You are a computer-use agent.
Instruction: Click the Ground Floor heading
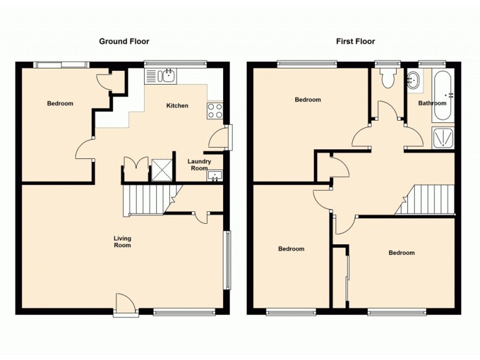point(124,41)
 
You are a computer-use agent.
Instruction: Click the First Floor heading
point(355,41)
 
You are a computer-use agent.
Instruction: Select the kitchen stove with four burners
point(215,110)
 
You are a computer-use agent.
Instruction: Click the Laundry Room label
point(199,164)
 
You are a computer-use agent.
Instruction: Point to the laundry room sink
point(215,175)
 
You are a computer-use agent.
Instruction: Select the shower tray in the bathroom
point(443,138)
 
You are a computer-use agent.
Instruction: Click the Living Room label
point(122,241)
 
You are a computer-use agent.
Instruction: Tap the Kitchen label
point(177,106)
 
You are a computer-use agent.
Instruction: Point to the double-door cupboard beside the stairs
point(134,169)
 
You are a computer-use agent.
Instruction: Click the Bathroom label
point(433,103)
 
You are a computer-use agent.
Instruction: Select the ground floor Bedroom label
point(60,103)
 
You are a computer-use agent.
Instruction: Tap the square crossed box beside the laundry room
point(161,169)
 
